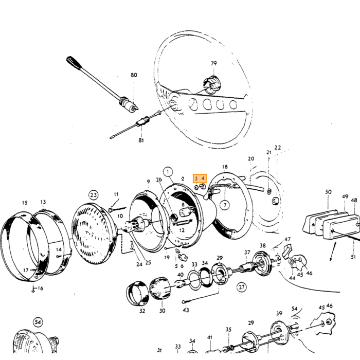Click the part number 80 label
pos(134,75)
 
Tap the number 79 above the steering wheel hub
pos(214,63)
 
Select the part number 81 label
pos(141,140)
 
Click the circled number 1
pos(168,172)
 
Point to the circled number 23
pos(93,195)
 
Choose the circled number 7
pos(225,205)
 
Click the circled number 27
pos(242,287)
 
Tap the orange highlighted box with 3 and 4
pos(200,178)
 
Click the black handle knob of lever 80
pos(73,63)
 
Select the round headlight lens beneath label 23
pos(94,233)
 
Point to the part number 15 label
pos(25,203)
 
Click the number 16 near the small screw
pos(40,289)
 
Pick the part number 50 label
pos(328,192)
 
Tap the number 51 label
pos(354,257)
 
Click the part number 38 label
pos(263,246)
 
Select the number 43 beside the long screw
pos(186,310)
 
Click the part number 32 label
pos(142,311)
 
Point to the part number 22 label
pos(278,148)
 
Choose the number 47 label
pos(287,240)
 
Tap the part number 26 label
pos(159,179)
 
